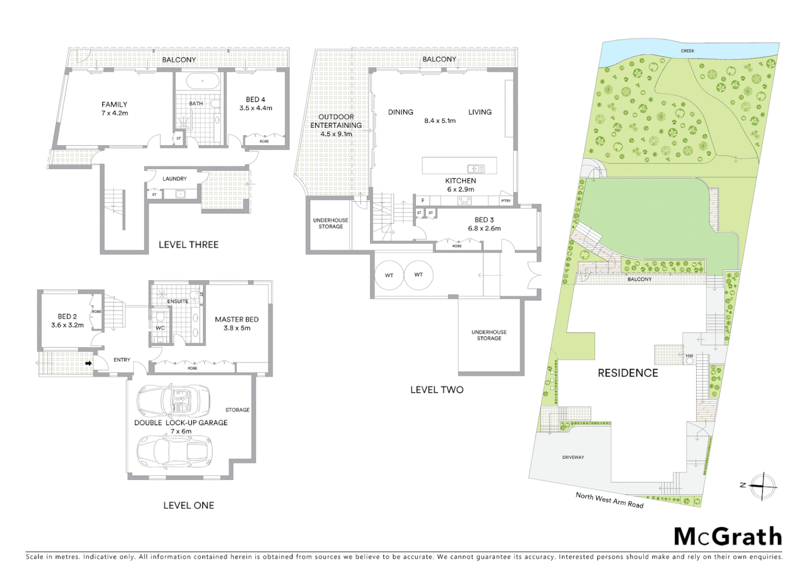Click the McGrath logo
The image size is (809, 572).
[728, 537]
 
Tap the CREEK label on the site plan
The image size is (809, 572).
[687, 51]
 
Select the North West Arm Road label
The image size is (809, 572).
[609, 500]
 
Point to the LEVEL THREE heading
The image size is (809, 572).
[188, 245]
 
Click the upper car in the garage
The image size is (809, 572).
[173, 400]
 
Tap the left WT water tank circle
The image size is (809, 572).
[389, 275]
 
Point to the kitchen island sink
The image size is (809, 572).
[475, 168]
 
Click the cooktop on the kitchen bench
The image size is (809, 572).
[464, 201]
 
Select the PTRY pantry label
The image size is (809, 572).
[506, 201]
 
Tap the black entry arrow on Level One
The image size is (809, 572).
[88, 363]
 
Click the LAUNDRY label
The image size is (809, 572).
[174, 179]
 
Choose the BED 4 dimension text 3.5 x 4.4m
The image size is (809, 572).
[256, 108]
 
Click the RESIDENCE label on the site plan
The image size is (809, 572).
[627, 373]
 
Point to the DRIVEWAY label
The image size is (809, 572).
[573, 457]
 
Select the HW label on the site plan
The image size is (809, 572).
[689, 356]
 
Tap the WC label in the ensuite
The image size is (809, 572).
[160, 328]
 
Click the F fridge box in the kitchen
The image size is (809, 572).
[423, 201]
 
